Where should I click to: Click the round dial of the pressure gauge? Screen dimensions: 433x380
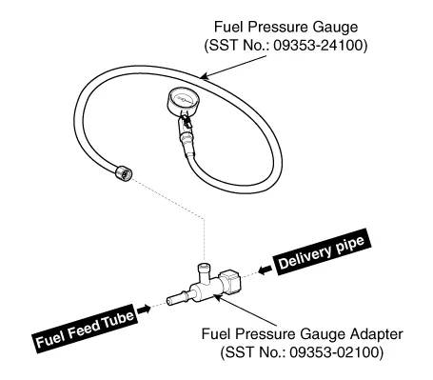(x=184, y=101)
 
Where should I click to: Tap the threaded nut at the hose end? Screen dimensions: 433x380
(x=124, y=173)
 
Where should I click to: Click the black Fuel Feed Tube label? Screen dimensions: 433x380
(x=86, y=329)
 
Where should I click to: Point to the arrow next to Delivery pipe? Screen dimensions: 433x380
(x=265, y=270)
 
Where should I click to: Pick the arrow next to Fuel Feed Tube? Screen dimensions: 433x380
(x=144, y=309)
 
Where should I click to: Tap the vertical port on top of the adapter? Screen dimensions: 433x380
(x=204, y=272)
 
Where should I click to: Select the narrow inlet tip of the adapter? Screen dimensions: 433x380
(x=174, y=301)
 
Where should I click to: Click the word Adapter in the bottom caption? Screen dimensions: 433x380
(x=377, y=334)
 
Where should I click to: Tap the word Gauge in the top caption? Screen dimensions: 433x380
(x=336, y=28)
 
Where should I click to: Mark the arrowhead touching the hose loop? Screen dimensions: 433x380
(x=205, y=76)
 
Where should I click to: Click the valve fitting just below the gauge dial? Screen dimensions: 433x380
(x=186, y=121)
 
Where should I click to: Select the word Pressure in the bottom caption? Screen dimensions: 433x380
(x=266, y=334)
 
